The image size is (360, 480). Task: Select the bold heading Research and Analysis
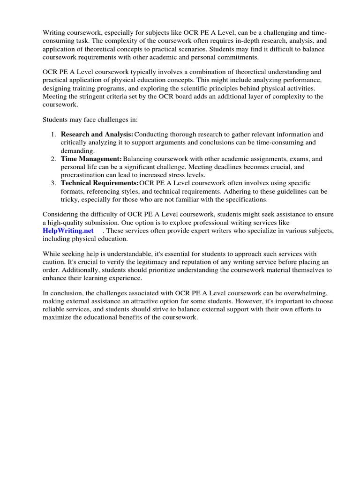97,135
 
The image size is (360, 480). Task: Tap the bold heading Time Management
91,159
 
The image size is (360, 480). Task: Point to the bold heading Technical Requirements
99,183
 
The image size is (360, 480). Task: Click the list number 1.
52,135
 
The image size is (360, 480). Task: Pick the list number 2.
52,159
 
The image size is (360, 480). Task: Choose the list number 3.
52,183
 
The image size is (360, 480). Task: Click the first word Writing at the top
55,33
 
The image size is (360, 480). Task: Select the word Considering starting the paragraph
63,214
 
